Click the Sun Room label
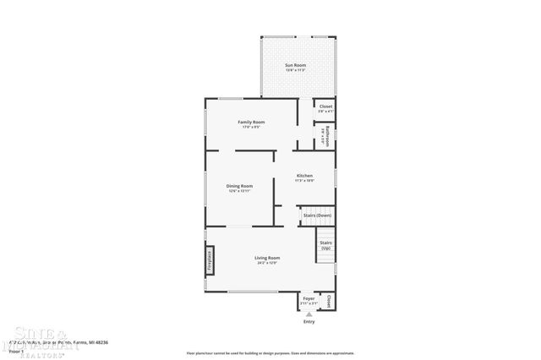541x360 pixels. pyautogui.click(x=295, y=65)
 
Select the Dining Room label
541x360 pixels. pyautogui.click(x=239, y=186)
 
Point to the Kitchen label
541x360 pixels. pyautogui.click(x=304, y=176)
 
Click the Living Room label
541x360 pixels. pyautogui.click(x=267, y=258)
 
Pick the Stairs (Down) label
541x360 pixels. pyautogui.click(x=316, y=216)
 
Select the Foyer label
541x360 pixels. pyautogui.click(x=309, y=298)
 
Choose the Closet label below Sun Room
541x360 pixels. pyautogui.click(x=325, y=106)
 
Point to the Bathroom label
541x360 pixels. pyautogui.click(x=325, y=137)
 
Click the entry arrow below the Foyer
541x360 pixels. pyautogui.click(x=309, y=314)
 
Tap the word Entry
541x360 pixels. pyautogui.click(x=309, y=322)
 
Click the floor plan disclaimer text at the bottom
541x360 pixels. pyautogui.click(x=270, y=352)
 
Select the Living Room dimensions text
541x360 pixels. pyautogui.click(x=267, y=263)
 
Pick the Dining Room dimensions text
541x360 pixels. pyautogui.click(x=239, y=191)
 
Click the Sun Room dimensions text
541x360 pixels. pyautogui.click(x=295, y=70)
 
